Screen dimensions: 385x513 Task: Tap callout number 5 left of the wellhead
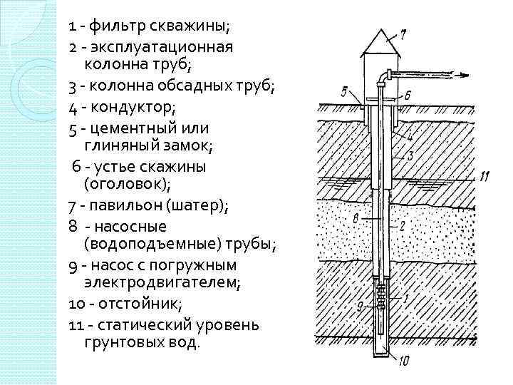point(344,91)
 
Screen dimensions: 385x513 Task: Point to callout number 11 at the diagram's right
point(484,175)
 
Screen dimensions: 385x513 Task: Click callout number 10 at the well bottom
point(403,361)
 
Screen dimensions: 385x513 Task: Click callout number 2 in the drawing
point(403,226)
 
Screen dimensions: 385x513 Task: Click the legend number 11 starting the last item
point(78,324)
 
